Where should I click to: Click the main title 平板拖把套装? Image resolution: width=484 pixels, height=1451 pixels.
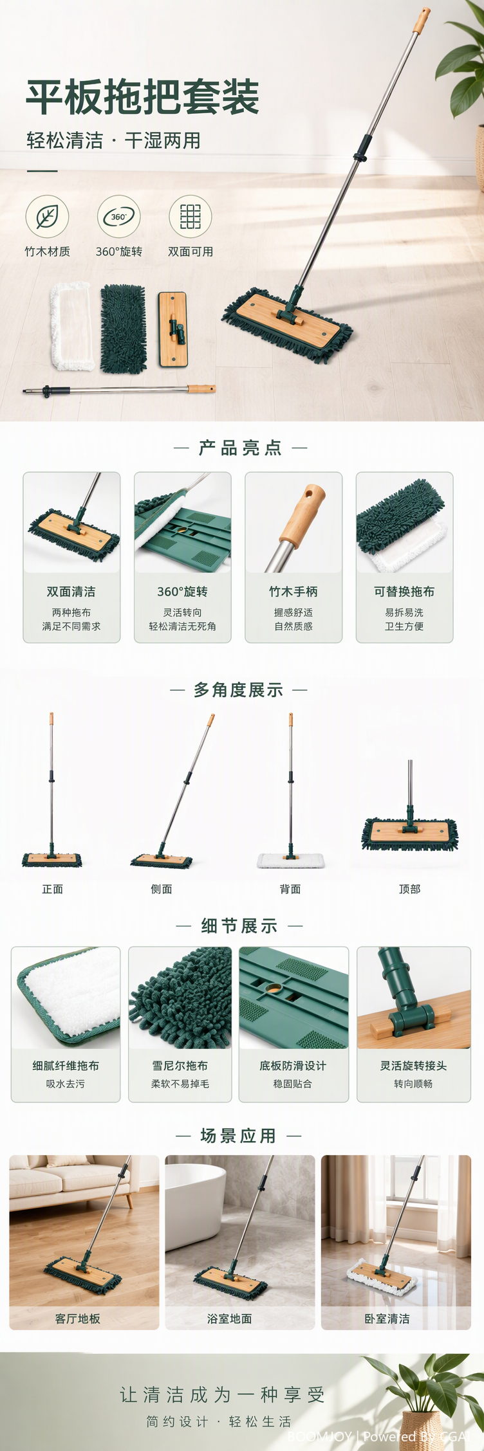[x=143, y=97]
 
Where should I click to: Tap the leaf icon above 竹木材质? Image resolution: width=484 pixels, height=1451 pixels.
[x=47, y=217]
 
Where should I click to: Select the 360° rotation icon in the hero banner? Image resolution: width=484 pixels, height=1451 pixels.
[x=118, y=217]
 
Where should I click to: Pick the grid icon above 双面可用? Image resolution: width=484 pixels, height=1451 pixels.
[x=190, y=217]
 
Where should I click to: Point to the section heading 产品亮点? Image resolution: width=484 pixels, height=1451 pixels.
[x=240, y=448]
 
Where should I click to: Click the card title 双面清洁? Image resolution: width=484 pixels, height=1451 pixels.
[x=71, y=591]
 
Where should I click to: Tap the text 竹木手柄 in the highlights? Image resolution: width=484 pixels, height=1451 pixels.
[x=293, y=591]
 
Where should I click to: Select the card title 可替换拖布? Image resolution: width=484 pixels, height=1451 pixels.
[x=404, y=591]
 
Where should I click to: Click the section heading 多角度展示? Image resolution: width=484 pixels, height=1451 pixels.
[x=239, y=690]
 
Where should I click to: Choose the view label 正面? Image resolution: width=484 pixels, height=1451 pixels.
[x=52, y=889]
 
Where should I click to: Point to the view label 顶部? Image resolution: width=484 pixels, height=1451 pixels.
[x=409, y=889]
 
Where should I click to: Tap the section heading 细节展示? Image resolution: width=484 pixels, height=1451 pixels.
[x=239, y=926]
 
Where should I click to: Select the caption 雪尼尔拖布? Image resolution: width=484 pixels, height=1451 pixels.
[x=180, y=1066]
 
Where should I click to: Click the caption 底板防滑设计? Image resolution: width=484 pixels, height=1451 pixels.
[x=293, y=1066]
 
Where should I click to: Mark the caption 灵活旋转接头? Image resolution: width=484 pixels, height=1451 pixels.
[x=413, y=1066]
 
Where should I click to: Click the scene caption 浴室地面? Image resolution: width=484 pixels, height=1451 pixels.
[x=229, y=1319]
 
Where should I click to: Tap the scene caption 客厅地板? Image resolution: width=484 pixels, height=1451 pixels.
[x=77, y=1319]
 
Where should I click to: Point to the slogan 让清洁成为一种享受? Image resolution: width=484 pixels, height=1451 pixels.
[x=222, y=1394]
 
